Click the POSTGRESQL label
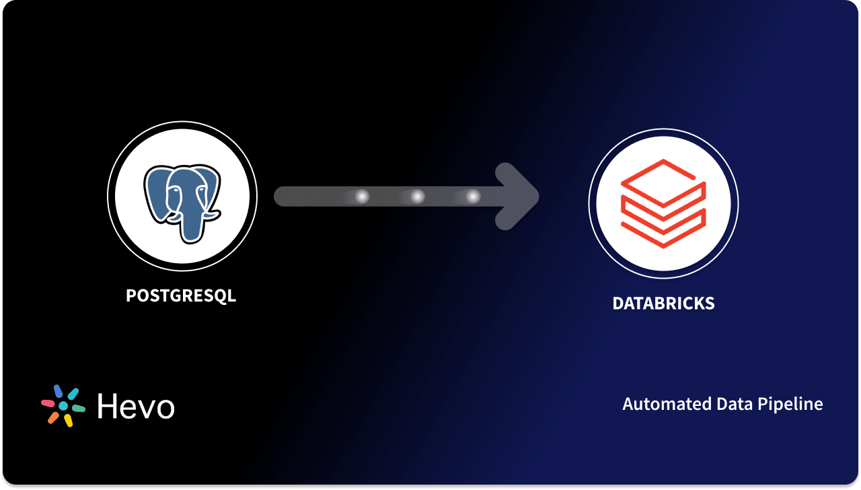[x=181, y=295]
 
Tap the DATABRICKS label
[x=663, y=303]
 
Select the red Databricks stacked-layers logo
[x=663, y=203]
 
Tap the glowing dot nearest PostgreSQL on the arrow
[x=362, y=197]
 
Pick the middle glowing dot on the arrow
[x=417, y=197]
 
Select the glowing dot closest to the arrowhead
[x=473, y=197]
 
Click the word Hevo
[x=136, y=406]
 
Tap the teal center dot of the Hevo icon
[x=63, y=406]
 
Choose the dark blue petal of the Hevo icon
[x=58, y=391]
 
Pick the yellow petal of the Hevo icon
[x=68, y=420]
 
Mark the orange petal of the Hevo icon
[x=53, y=417]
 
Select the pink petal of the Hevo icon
[x=48, y=403]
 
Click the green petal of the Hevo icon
[x=78, y=408]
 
